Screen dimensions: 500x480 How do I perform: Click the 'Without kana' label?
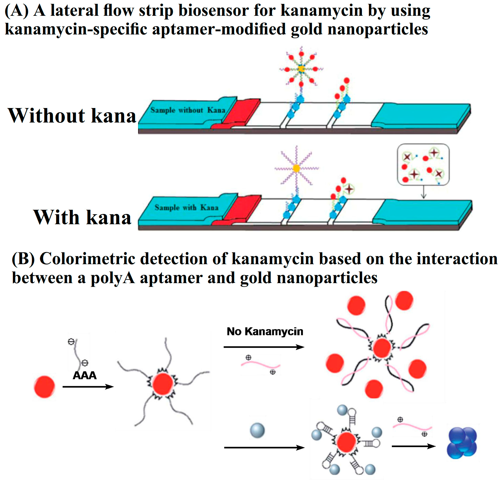click(72, 116)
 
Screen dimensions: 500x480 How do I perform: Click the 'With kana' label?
click(82, 217)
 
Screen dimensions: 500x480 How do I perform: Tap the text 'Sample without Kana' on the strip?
click(188, 110)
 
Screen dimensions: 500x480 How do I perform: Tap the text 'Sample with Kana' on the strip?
click(186, 207)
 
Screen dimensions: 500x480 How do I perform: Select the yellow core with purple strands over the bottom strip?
click(296, 168)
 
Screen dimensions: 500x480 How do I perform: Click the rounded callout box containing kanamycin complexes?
click(423, 165)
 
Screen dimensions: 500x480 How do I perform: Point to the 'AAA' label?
click(84, 375)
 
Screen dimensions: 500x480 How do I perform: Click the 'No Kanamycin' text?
click(265, 331)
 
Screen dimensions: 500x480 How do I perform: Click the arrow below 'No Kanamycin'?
click(264, 347)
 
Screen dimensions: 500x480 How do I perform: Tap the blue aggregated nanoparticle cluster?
click(462, 443)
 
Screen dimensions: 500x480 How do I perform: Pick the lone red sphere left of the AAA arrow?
click(44, 386)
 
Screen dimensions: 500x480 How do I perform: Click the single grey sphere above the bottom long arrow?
click(257, 431)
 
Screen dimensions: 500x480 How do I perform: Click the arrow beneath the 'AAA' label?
click(88, 387)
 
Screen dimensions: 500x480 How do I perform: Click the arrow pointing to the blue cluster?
click(413, 446)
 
